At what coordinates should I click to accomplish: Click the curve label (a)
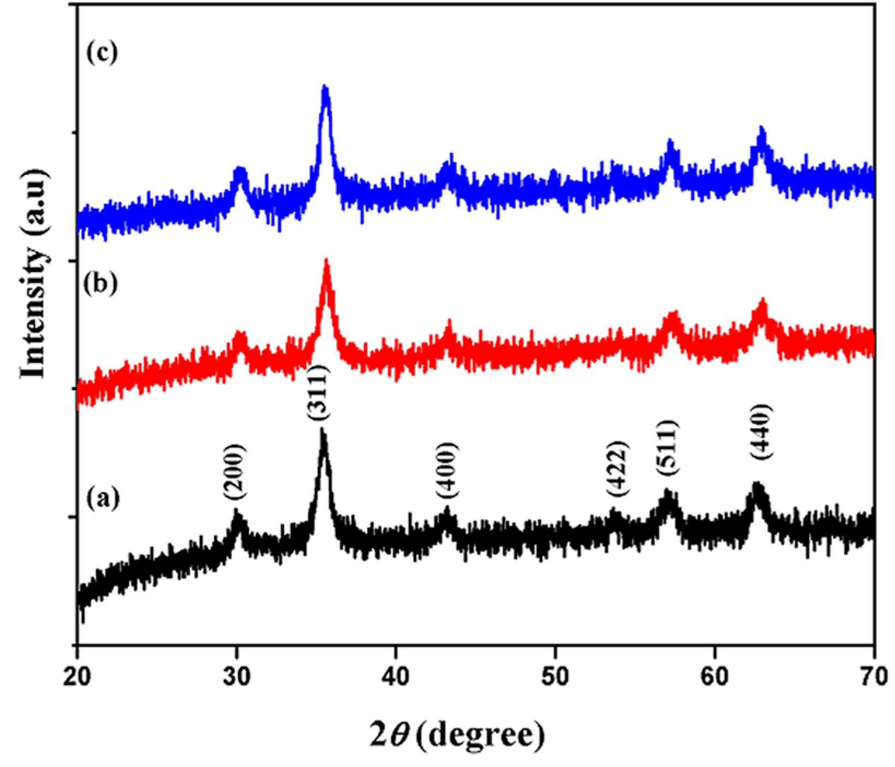coord(102,498)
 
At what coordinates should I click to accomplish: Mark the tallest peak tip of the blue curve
coord(326,86)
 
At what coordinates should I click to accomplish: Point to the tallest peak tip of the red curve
coord(327,260)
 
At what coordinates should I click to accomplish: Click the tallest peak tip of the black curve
coord(322,429)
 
